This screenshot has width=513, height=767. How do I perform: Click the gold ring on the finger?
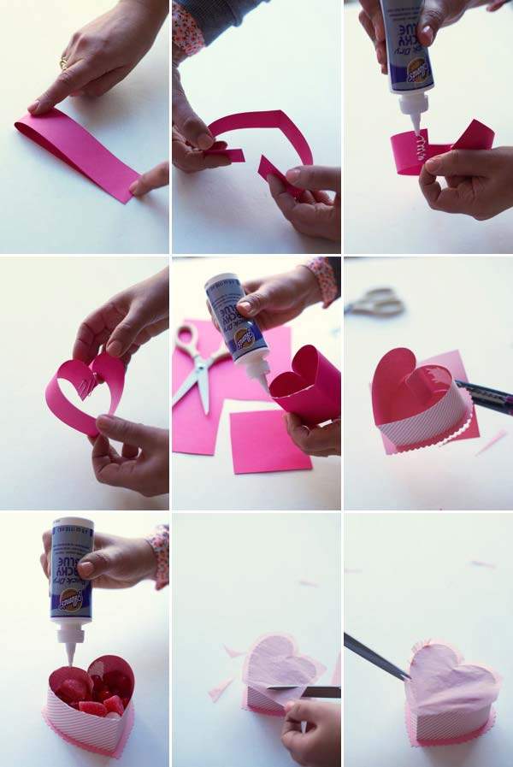coord(63,63)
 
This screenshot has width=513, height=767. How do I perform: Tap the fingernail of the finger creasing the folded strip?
coord(34,107)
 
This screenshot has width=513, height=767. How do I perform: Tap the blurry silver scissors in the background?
coord(376,302)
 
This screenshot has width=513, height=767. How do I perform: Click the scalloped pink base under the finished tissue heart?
coord(453,737)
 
